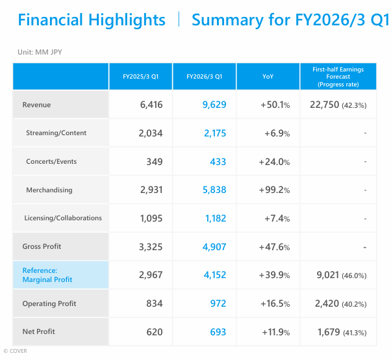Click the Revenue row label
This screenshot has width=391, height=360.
(x=36, y=105)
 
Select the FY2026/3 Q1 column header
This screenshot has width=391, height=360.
(x=204, y=77)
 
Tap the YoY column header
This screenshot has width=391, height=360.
(x=268, y=77)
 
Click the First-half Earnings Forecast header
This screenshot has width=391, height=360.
(x=338, y=77)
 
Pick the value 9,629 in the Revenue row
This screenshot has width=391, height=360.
(x=212, y=105)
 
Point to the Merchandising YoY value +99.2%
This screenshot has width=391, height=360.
(x=273, y=190)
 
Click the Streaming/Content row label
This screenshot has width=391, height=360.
(x=56, y=133)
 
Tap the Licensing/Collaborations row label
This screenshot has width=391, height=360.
(x=63, y=218)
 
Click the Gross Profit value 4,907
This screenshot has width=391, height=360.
(x=212, y=247)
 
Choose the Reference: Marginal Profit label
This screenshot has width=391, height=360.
(x=47, y=275)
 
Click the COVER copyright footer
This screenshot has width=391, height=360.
(x=15, y=351)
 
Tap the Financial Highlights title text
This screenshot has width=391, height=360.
(x=92, y=20)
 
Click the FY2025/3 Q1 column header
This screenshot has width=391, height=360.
(x=141, y=77)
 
